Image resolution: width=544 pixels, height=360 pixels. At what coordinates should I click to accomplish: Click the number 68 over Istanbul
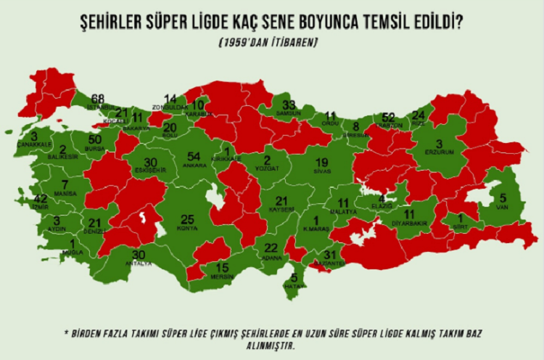click(x=98, y=99)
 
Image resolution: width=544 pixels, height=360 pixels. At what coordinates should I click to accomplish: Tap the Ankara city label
click(x=193, y=165)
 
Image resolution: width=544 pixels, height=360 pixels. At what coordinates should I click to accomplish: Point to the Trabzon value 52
click(x=388, y=117)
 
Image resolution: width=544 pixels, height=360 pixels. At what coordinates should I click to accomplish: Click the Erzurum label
click(x=439, y=152)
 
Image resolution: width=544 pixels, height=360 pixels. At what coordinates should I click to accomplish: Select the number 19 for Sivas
click(x=323, y=162)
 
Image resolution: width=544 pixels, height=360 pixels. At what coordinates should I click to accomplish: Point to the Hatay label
click(x=294, y=286)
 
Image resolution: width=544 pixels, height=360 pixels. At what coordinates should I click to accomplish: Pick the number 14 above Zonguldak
click(x=170, y=99)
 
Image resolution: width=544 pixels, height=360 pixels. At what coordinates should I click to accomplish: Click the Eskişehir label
click(x=150, y=170)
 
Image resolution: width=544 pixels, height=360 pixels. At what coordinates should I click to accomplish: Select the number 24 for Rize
click(x=419, y=115)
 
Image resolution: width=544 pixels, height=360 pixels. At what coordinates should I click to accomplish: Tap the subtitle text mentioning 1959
click(x=268, y=44)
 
